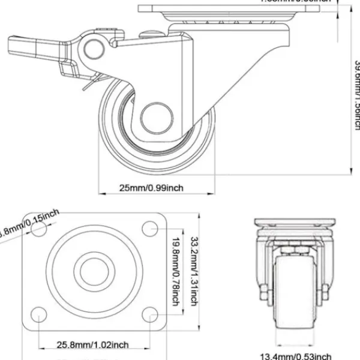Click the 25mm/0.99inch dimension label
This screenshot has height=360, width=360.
coord(151,188)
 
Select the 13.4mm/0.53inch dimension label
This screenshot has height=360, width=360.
coord(295,356)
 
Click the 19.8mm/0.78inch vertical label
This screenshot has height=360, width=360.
coord(176,270)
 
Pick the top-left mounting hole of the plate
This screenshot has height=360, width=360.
coord(37,228)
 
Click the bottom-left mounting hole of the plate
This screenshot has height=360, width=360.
coord(37,314)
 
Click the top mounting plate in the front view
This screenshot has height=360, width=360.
coord(294,221)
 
